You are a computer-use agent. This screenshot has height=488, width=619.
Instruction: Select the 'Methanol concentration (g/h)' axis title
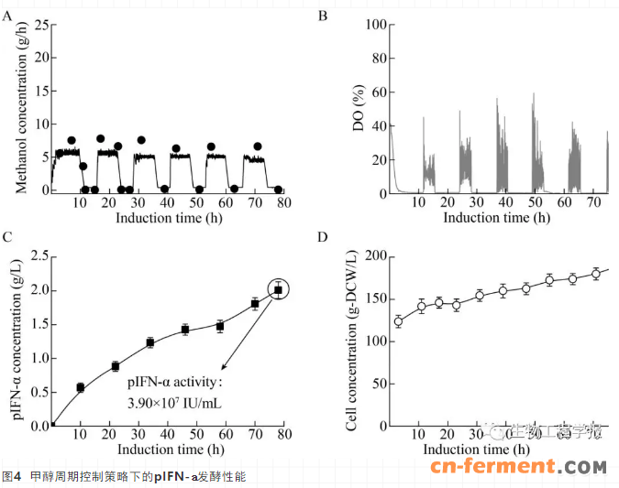click(17, 108)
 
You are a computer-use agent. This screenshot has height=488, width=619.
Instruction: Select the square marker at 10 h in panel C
click(81, 388)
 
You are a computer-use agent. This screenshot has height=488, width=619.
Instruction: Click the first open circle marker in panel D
click(398, 321)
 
